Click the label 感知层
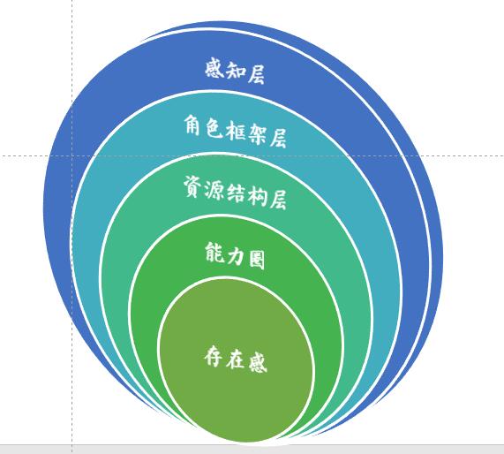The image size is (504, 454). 235,72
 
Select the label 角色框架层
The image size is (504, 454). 236,132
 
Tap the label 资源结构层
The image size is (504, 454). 235,193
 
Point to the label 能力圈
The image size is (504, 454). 235,256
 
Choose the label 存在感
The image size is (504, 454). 236,359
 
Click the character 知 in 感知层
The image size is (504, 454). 236,71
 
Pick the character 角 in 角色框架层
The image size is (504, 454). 193,125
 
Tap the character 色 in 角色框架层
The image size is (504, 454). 214,129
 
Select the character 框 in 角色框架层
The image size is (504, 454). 235,132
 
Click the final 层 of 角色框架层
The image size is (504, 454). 277,139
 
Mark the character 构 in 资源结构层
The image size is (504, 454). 257,196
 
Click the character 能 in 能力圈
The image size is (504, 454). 214,253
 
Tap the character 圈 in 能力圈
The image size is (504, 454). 257,260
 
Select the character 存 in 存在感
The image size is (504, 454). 214,356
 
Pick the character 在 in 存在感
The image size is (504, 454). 236,359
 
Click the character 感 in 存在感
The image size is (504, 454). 258,363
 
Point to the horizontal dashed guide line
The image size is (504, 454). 252,156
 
